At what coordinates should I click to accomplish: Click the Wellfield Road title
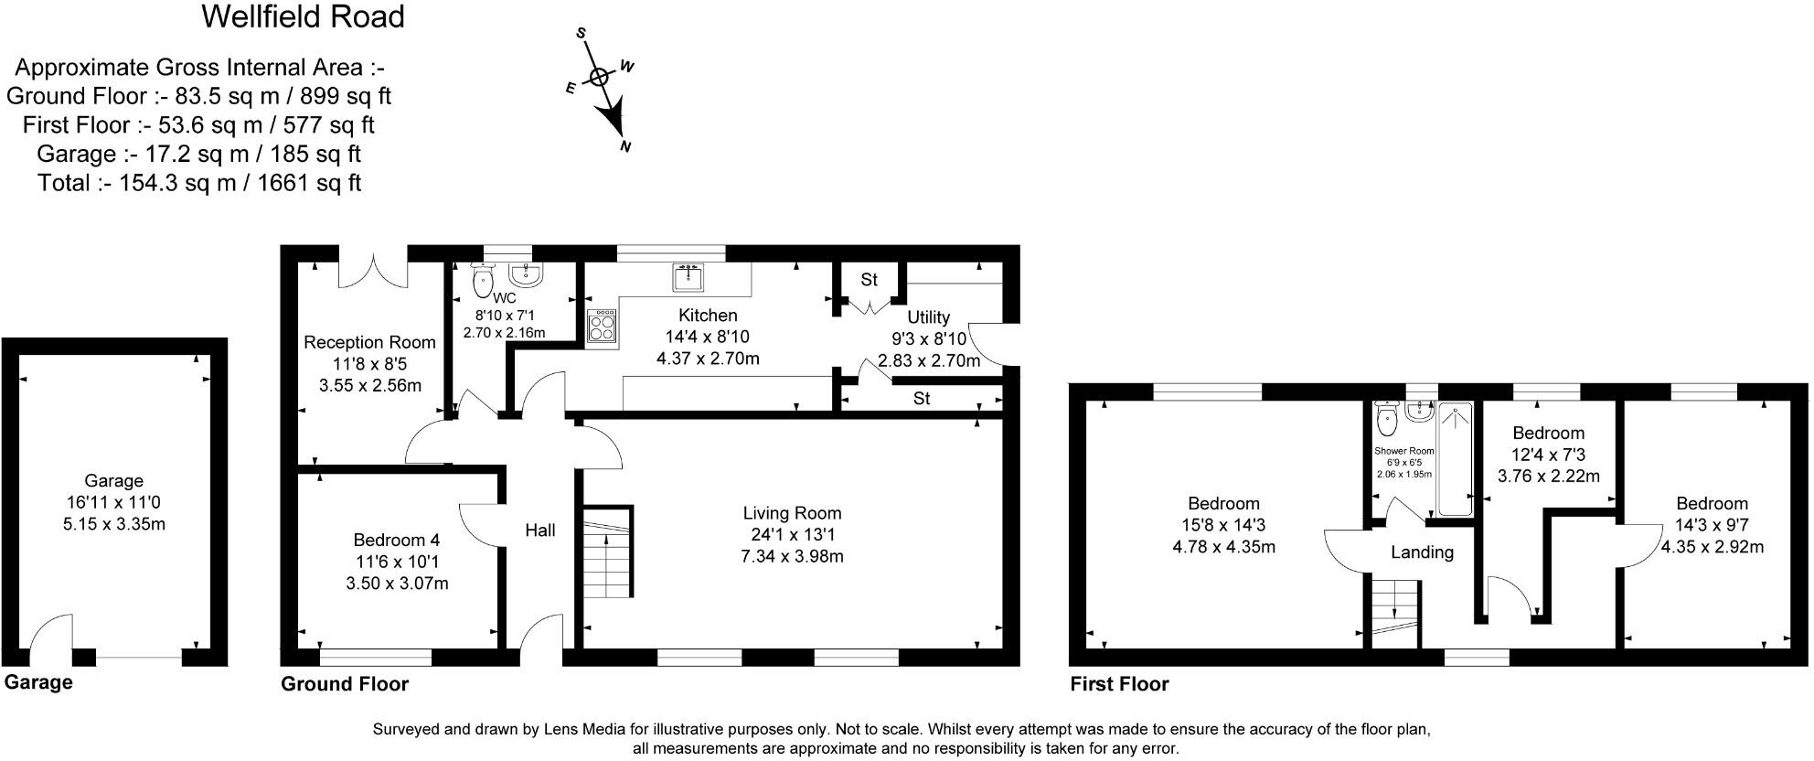tap(303, 16)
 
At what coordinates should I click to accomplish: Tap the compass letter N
tap(626, 146)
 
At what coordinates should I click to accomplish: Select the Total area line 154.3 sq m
tap(199, 182)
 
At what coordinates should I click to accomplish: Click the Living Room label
tap(792, 513)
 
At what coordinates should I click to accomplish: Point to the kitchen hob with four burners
tap(602, 326)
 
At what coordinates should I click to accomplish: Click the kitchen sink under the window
tap(688, 275)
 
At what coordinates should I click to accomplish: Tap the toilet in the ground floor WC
tap(482, 278)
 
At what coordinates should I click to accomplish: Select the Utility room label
tap(928, 317)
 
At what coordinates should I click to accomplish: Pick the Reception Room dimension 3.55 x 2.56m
tap(370, 385)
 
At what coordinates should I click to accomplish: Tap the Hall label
tap(540, 530)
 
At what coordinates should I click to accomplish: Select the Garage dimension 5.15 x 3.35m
tap(114, 524)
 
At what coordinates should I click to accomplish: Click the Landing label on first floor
tap(1422, 552)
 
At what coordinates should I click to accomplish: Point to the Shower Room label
tap(1404, 451)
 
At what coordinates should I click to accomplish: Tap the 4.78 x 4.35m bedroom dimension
tap(1223, 547)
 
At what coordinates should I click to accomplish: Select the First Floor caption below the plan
tap(1119, 683)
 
